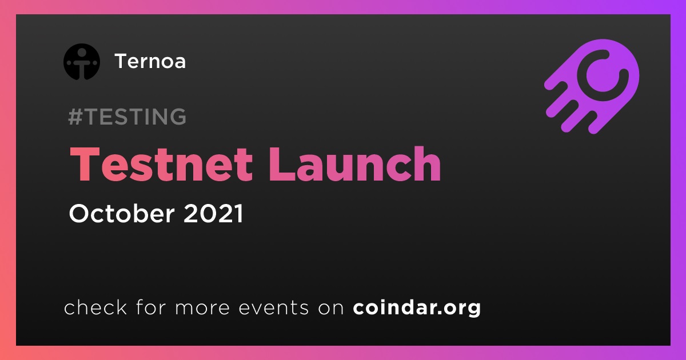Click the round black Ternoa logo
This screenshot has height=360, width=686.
point(81,62)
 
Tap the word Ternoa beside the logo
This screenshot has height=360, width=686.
point(150,61)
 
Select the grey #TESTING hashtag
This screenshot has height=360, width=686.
point(127,117)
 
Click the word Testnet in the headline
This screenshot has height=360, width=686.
point(161,164)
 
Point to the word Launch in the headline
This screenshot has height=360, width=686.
point(355,164)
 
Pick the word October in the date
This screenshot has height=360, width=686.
point(122,213)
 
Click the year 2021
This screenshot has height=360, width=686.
point(213,213)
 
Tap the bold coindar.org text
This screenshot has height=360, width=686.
point(417,308)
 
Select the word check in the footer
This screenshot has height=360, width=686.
point(95,307)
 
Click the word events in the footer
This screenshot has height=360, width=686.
point(273,307)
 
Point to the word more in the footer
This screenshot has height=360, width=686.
point(202,307)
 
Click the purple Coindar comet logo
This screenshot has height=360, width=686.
point(592,87)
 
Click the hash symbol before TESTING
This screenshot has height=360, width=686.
point(75,117)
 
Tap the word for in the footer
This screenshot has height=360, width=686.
point(151,307)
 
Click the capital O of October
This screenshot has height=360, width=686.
point(80,213)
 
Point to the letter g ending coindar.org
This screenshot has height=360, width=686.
point(472,310)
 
